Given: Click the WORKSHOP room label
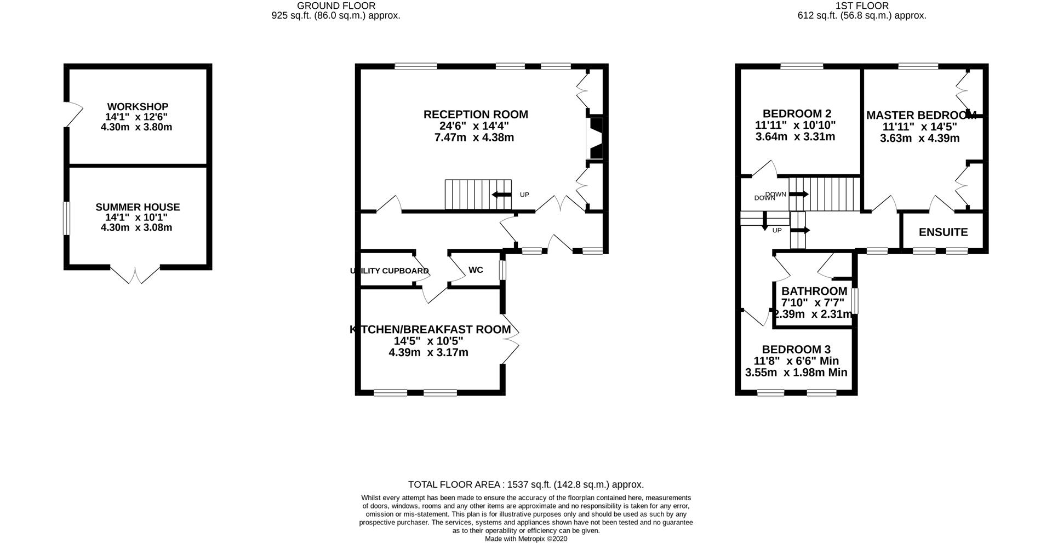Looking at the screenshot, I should (138, 106).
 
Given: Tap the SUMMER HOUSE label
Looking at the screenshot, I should (138, 207).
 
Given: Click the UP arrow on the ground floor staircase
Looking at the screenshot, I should (501, 195).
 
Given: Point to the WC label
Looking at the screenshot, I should (476, 270).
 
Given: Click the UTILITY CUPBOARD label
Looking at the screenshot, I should (389, 271).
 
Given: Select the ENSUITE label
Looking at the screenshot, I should (943, 232).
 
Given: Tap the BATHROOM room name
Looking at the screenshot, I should (814, 291).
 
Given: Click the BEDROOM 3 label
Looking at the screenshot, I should (796, 350).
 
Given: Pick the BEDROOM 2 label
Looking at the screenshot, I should (797, 113).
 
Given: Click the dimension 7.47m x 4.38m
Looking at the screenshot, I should (474, 138).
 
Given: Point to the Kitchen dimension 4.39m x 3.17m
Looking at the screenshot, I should (428, 352).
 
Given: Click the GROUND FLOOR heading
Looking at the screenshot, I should (336, 5).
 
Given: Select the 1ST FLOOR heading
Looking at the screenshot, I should (862, 5).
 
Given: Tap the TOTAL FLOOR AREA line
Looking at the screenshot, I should (526, 484).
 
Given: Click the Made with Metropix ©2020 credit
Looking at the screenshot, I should (526, 539).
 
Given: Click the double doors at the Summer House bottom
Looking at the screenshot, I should (135, 275).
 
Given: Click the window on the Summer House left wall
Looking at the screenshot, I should (66, 218).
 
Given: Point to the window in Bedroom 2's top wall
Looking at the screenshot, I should (802, 67).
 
